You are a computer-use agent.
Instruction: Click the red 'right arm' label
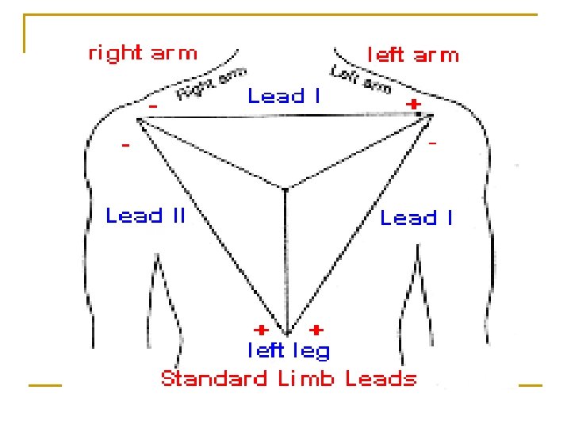(142, 53)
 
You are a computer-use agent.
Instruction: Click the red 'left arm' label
(412, 55)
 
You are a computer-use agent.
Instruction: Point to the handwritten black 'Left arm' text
(361, 80)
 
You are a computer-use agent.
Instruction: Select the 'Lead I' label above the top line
(284, 97)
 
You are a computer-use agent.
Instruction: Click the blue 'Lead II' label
(146, 215)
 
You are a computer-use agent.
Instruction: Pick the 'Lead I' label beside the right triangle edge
(416, 218)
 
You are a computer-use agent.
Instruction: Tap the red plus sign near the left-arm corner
(412, 104)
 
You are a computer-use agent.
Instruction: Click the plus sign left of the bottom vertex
(259, 328)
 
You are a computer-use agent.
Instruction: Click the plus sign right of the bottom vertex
(316, 328)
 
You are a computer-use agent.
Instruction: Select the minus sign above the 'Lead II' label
(126, 147)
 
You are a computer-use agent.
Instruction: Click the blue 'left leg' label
(288, 350)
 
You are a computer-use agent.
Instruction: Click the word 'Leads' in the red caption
(381, 378)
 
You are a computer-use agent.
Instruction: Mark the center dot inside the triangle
(285, 189)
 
